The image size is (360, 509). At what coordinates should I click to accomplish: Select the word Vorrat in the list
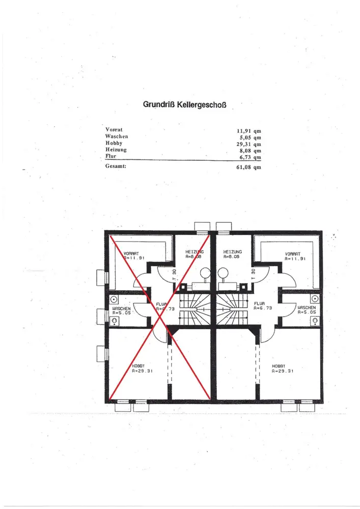[x=114, y=130]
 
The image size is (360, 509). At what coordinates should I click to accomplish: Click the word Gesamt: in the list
[x=116, y=166]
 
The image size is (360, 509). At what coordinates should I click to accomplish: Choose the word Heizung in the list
[x=116, y=150]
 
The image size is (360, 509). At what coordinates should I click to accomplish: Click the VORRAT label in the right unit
[x=293, y=253]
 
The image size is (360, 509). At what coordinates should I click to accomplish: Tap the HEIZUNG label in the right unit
[x=232, y=252]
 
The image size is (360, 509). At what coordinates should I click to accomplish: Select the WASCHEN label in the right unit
[x=307, y=307]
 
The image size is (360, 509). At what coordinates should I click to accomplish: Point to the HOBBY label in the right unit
[x=278, y=366]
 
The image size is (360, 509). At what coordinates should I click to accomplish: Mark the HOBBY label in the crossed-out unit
[x=139, y=366]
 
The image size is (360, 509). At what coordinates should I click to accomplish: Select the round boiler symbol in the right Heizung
[x=223, y=272]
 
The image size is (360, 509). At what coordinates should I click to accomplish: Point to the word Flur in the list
[x=111, y=157]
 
